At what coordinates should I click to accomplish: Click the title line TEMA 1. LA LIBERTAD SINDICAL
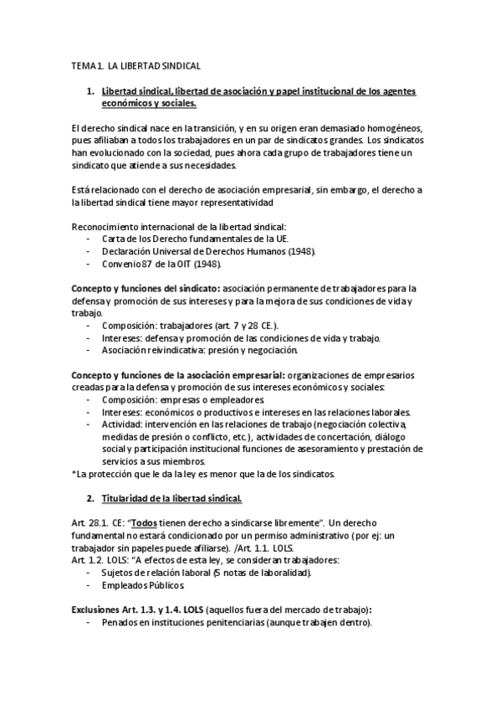click(x=135, y=64)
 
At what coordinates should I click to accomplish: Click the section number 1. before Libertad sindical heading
click(x=92, y=90)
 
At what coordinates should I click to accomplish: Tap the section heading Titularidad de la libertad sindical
click(x=171, y=498)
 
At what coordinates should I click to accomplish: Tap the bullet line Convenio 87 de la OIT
click(x=161, y=265)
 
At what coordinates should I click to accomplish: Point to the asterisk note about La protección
click(x=203, y=474)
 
